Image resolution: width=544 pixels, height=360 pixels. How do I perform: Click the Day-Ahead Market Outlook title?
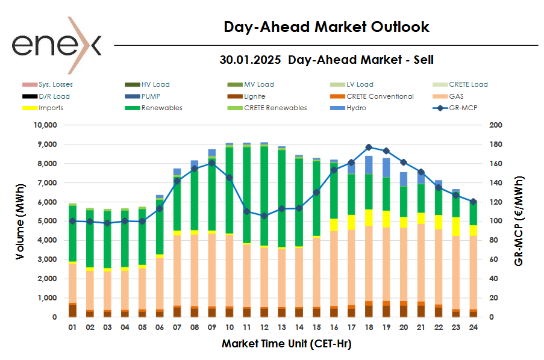pyautogui.click(x=326, y=27)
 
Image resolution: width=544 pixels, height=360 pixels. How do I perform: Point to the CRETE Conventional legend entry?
pyautogui.click(x=380, y=96)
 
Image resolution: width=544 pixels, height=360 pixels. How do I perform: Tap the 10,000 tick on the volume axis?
pyautogui.click(x=43, y=125)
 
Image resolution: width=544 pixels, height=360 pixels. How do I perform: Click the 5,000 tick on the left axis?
pyautogui.click(x=46, y=221)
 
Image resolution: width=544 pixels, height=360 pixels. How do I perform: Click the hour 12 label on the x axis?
pyautogui.click(x=264, y=328)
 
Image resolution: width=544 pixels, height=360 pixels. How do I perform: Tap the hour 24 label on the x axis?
pyautogui.click(x=474, y=328)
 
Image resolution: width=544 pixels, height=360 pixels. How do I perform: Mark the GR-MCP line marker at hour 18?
pyautogui.click(x=369, y=147)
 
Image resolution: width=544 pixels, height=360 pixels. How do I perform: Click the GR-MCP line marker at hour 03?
pyautogui.click(x=107, y=223)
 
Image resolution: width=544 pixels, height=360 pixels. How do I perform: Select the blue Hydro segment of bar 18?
pyautogui.click(x=369, y=165)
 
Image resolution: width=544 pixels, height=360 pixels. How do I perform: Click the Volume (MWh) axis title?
pyautogui.click(x=20, y=221)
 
